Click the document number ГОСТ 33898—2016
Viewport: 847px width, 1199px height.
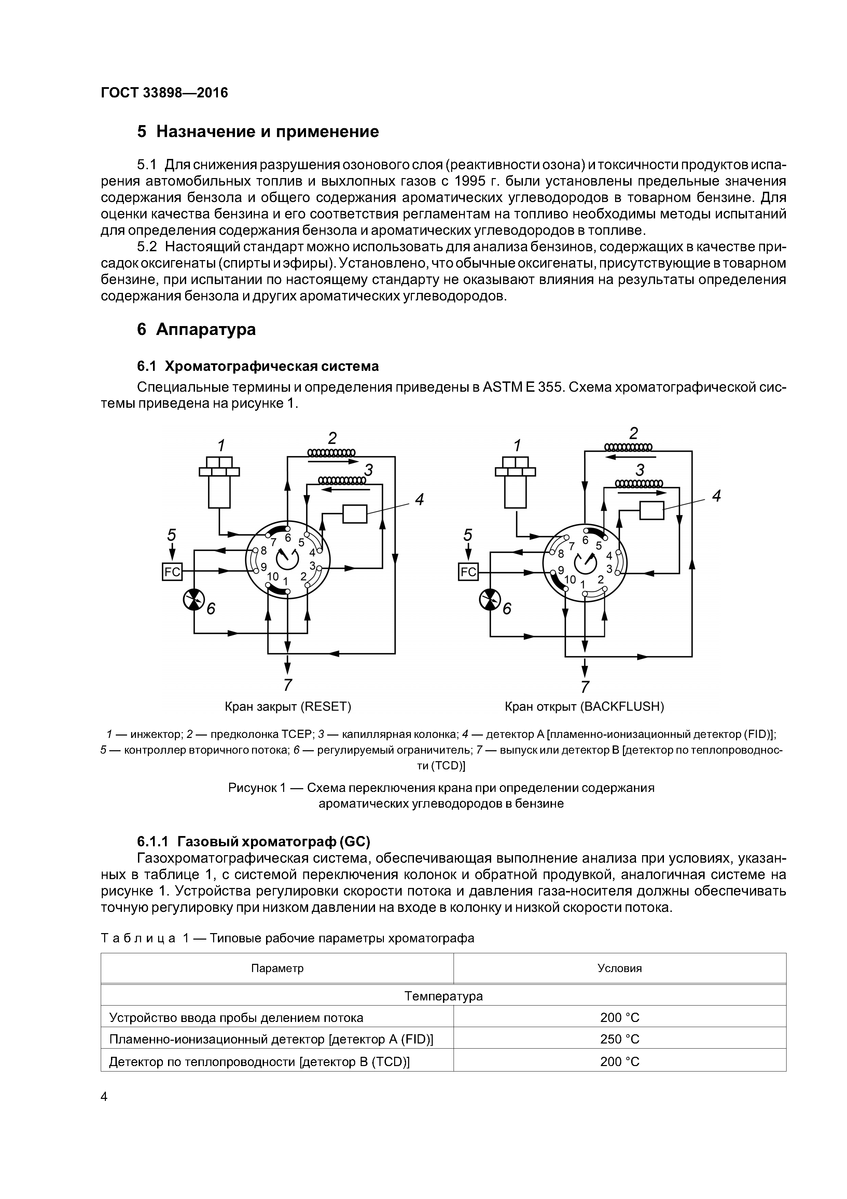[x=164, y=93]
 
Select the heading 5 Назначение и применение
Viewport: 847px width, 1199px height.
[x=258, y=132]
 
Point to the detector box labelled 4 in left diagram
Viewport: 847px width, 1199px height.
[x=355, y=513]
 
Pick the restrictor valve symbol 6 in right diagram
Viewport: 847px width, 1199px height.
[x=489, y=599]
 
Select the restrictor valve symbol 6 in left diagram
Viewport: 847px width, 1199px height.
[x=194, y=599]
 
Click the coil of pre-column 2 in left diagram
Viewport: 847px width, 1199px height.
[x=331, y=452]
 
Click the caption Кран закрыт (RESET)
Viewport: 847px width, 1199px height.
[x=288, y=706]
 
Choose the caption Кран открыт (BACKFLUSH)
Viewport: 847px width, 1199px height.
[x=584, y=706]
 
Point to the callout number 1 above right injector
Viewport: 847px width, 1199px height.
[x=517, y=445]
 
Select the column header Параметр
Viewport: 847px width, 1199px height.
[x=277, y=954]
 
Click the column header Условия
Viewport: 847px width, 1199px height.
[x=620, y=954]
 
